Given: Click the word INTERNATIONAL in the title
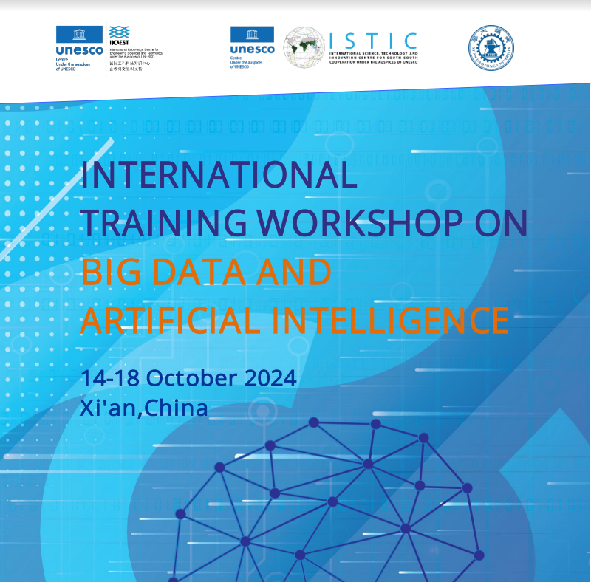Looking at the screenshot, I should (x=219, y=175).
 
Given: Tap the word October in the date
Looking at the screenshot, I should (x=192, y=378).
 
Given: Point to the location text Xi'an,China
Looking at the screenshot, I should (x=144, y=408).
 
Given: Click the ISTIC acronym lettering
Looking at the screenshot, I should (x=373, y=41).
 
